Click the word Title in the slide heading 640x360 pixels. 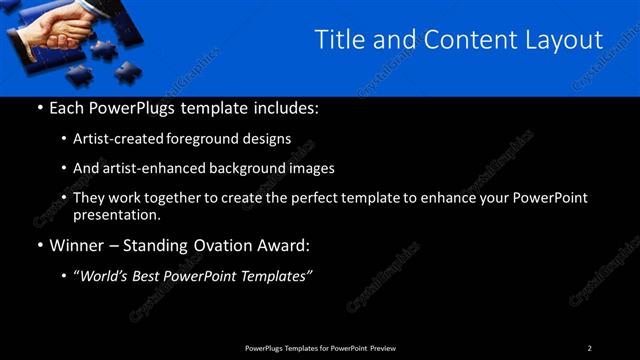click(x=337, y=40)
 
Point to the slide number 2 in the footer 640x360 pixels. click(x=590, y=347)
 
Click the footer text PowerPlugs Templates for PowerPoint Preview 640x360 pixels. click(x=320, y=347)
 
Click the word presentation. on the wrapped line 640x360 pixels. click(x=117, y=214)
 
